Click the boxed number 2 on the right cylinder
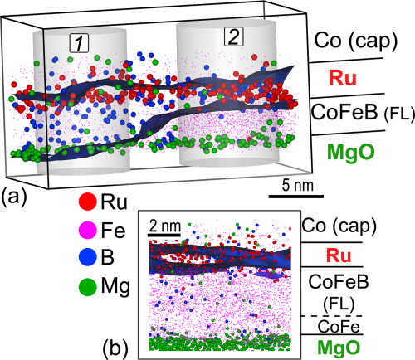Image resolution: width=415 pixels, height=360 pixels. click(x=235, y=36)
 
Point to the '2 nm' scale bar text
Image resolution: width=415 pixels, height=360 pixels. click(x=164, y=226)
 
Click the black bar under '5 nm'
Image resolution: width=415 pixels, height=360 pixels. click(x=295, y=196)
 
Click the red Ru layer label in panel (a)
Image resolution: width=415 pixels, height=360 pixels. click(x=340, y=77)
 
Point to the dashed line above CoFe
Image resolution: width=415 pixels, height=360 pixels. click(x=336, y=315)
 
